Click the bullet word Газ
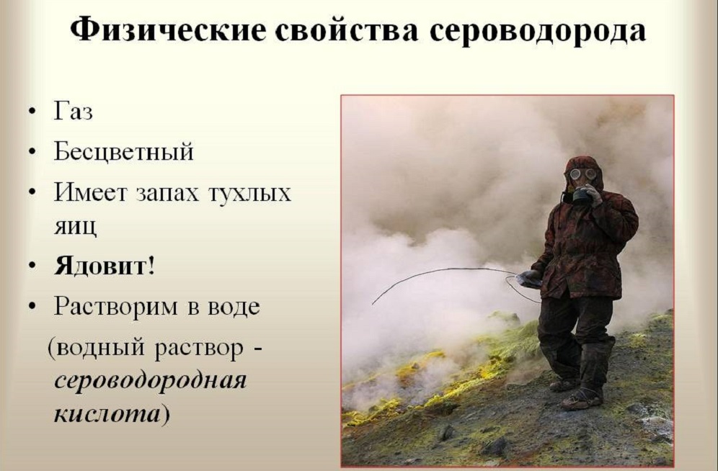pyautogui.click(x=74, y=111)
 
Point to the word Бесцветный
pyautogui.click(x=124, y=151)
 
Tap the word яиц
pyautogui.click(x=76, y=226)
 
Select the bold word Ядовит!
pyautogui.click(x=105, y=265)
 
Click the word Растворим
pyautogui.click(x=116, y=307)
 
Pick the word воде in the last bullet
pyautogui.click(x=234, y=306)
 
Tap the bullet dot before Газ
pyautogui.click(x=32, y=112)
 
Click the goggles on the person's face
pyautogui.click(x=582, y=174)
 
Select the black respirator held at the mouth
pyautogui.click(x=579, y=196)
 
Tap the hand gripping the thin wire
pyautogui.click(x=530, y=279)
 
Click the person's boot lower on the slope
pyautogui.click(x=582, y=400)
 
